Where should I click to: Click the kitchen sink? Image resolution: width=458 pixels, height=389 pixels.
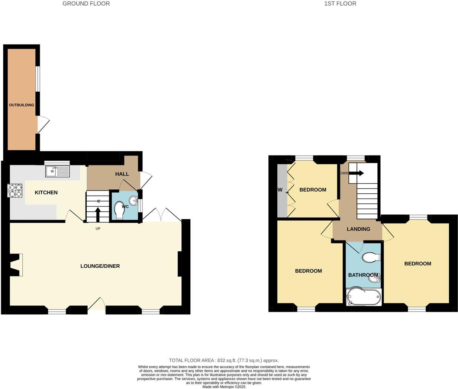57,171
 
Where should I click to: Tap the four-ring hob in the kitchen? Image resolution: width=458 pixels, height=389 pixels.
15,190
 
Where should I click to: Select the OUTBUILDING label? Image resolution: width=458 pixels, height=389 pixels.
22,105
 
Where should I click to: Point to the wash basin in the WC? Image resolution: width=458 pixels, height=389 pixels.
136,202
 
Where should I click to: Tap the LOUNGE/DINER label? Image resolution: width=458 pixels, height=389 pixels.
100,266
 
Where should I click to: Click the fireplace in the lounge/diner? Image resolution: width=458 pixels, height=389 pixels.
16,265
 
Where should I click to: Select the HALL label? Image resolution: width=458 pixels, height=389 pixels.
122,174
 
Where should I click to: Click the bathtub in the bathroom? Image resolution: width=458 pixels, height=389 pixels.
364,297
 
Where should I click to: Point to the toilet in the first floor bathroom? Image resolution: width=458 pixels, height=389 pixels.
371,257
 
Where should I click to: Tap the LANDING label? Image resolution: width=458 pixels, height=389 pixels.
358,229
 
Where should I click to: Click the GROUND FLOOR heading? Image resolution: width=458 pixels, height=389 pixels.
86,4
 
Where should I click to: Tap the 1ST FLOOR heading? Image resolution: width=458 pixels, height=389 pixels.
340,4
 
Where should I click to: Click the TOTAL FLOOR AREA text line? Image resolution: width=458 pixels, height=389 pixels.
224,360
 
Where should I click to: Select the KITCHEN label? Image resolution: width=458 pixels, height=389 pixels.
46,192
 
